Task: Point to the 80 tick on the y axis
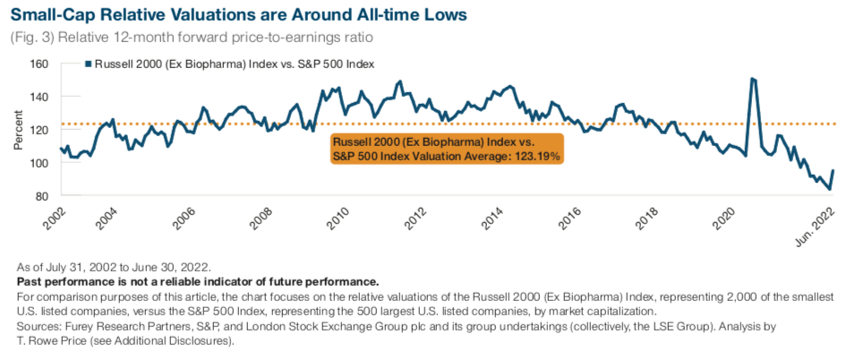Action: point(40,196)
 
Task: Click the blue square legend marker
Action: point(87,64)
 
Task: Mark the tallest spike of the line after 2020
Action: point(752,79)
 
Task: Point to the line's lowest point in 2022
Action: point(829,189)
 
